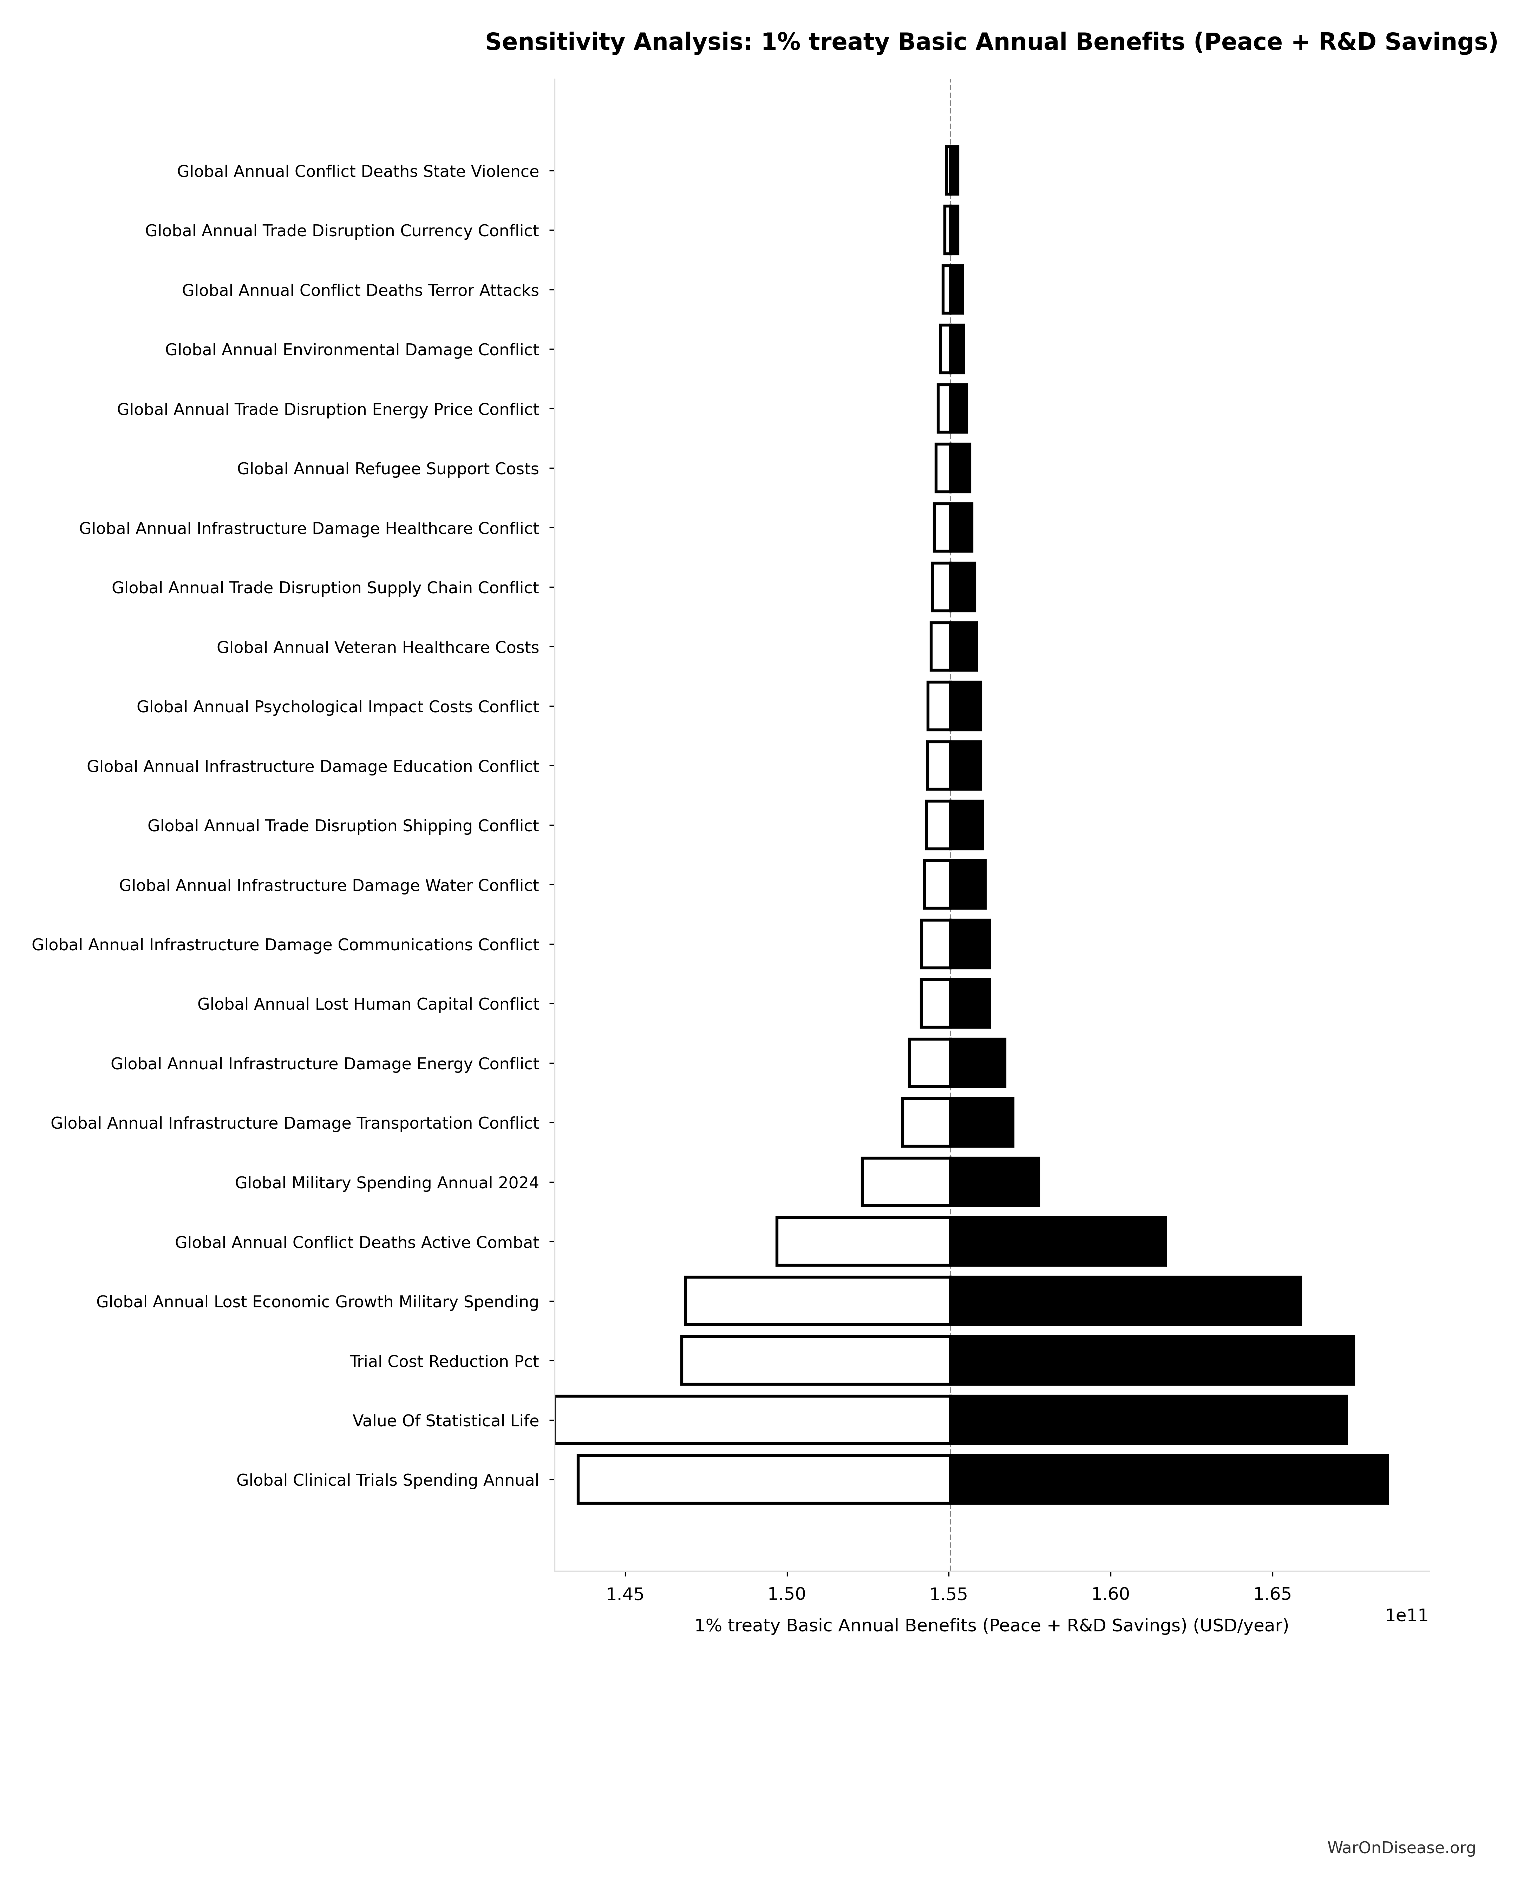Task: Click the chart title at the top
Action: [x=990, y=42]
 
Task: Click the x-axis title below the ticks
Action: [x=990, y=1625]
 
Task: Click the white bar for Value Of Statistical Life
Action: [x=752, y=1420]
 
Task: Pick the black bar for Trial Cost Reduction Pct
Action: [x=1151, y=1361]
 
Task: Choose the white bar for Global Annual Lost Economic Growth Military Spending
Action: [x=817, y=1301]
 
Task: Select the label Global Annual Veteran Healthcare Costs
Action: [x=377, y=648]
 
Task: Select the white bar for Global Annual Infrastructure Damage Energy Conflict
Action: [x=929, y=1063]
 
